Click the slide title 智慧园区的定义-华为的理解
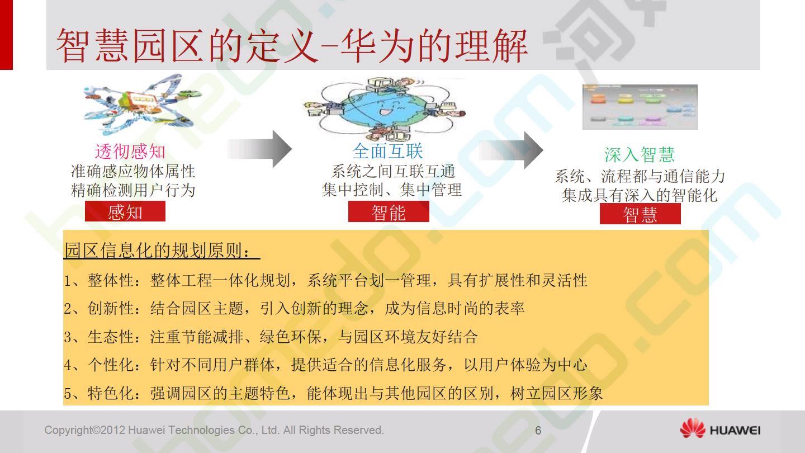[292, 46]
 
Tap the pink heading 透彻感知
[130, 152]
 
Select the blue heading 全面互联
[388, 151]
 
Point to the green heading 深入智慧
[640, 154]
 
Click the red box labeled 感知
[125, 211]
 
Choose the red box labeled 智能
[389, 212]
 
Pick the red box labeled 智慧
[640, 214]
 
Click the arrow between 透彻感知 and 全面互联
[259, 149]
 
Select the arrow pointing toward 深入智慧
[511, 150]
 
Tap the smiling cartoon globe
[383, 108]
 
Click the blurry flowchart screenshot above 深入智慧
[640, 107]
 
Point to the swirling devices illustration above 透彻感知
[142, 104]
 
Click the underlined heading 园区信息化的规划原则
[162, 250]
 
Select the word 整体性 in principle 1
[111, 280]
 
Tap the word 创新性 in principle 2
[111, 309]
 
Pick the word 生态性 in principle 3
[111, 337]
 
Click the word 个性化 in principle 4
[111, 365]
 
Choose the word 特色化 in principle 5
[111, 393]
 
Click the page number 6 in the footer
[538, 431]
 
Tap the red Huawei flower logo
[693, 428]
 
